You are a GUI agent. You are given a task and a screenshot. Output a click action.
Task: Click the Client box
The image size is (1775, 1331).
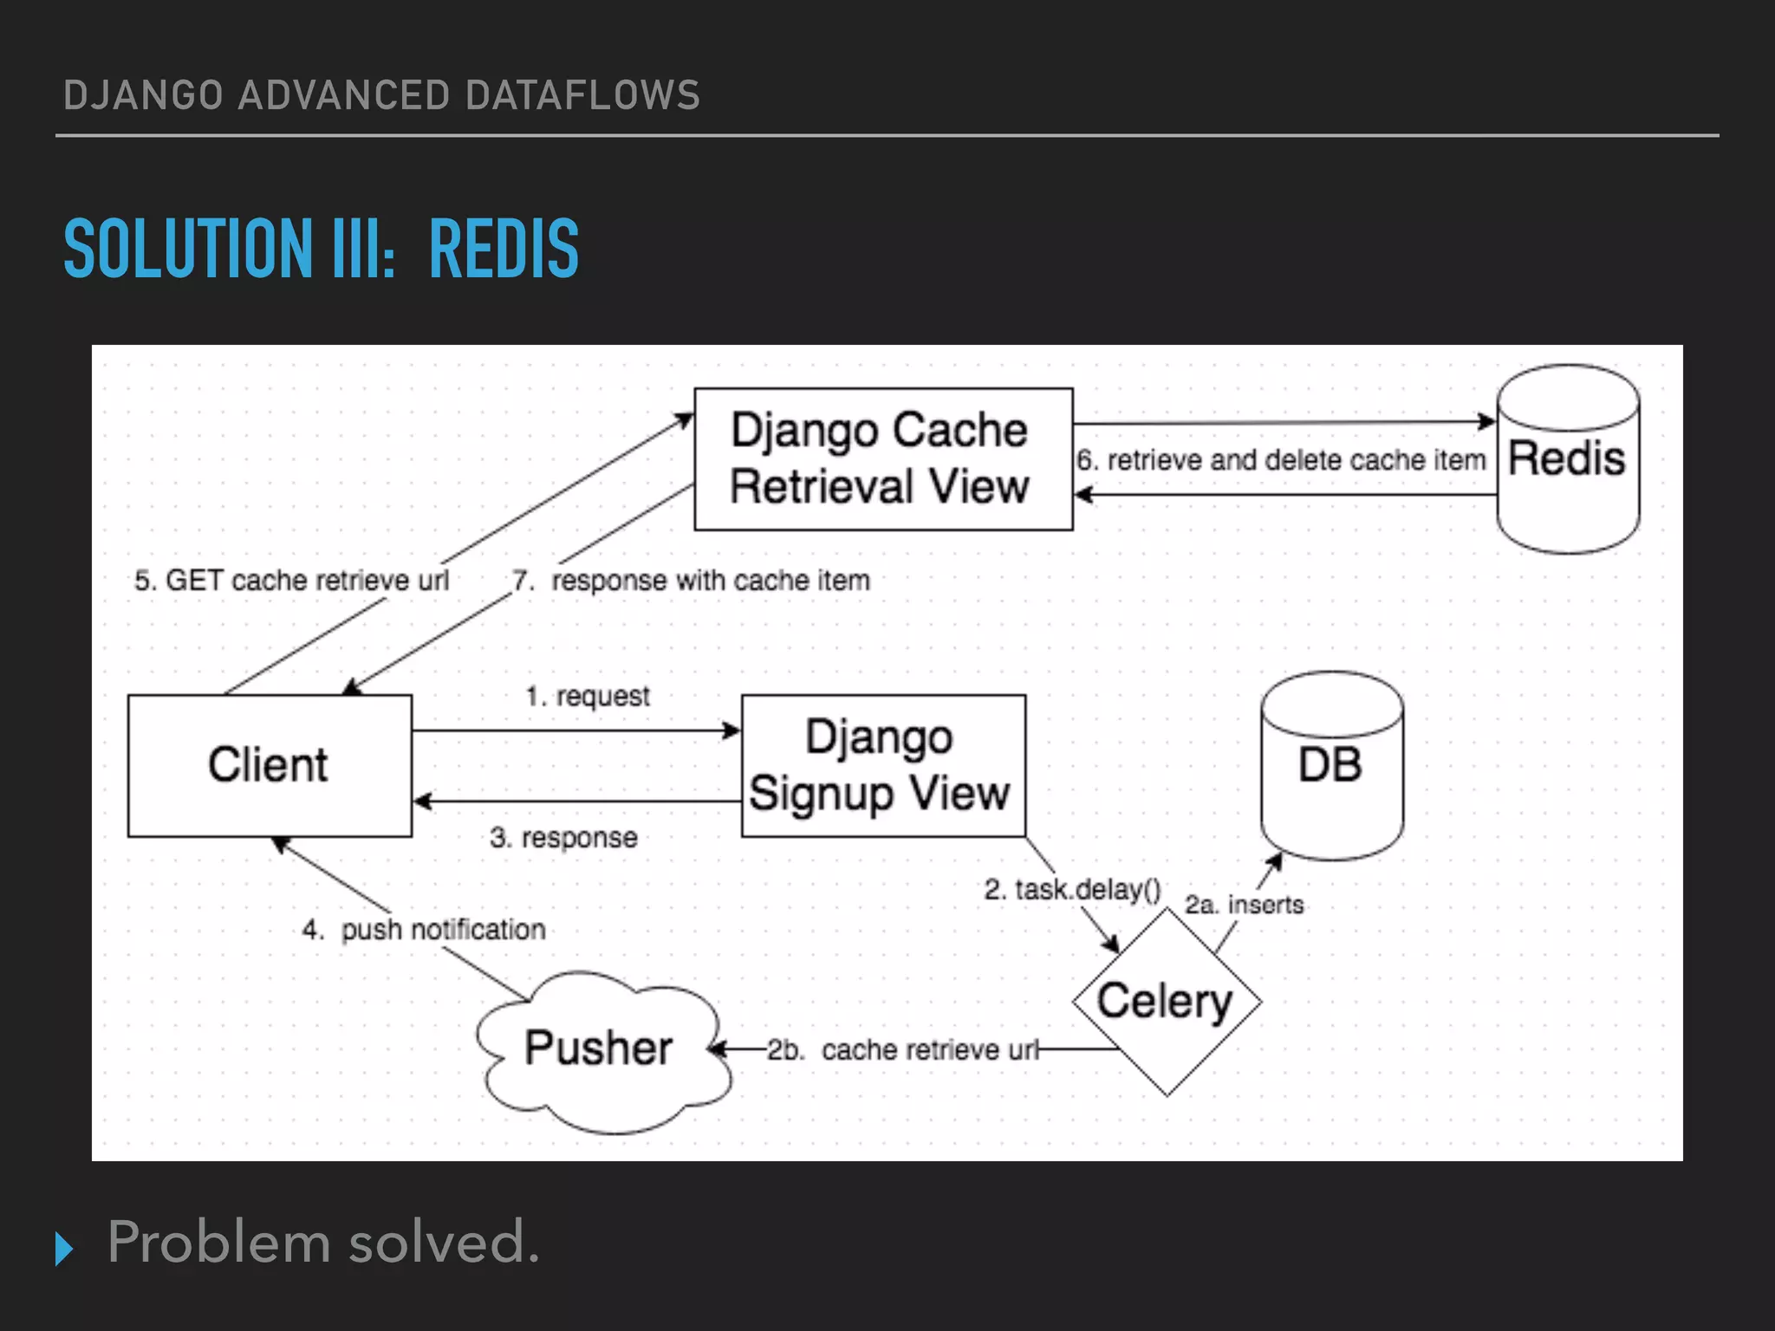[270, 765]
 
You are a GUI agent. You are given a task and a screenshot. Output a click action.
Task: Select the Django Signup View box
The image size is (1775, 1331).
[883, 765]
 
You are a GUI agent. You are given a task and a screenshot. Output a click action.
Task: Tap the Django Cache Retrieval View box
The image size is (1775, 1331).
[883, 458]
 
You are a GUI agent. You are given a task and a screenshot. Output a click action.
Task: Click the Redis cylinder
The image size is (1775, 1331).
[1568, 459]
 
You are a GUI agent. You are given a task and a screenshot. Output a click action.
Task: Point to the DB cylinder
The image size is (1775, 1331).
[1331, 766]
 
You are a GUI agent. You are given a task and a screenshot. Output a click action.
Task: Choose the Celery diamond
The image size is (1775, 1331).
[1166, 1002]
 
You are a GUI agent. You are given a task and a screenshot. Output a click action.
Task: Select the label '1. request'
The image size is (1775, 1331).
[588, 696]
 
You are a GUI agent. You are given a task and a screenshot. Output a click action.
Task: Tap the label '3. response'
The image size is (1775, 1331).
[563, 837]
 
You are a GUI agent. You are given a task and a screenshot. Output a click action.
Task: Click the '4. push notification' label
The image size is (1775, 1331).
[424, 930]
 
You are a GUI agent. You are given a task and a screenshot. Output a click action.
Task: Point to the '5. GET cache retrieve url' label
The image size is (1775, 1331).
[291, 580]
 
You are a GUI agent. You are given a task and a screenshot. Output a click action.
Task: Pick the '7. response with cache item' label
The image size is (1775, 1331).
[692, 580]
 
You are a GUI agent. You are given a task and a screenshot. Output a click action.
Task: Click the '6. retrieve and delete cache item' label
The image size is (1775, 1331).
[1281, 460]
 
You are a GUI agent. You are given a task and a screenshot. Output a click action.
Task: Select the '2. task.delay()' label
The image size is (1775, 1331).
[1072, 889]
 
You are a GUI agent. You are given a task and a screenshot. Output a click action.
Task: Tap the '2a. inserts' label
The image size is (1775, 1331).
[1244, 905]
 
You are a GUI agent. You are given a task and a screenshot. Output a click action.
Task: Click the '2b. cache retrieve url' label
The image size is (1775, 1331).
[901, 1049]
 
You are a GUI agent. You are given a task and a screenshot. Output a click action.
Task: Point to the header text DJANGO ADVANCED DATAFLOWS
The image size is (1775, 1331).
[381, 95]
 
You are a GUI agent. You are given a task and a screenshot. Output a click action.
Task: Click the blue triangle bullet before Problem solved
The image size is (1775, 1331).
[63, 1248]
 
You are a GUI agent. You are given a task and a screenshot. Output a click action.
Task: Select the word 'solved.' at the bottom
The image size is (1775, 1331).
[444, 1242]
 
